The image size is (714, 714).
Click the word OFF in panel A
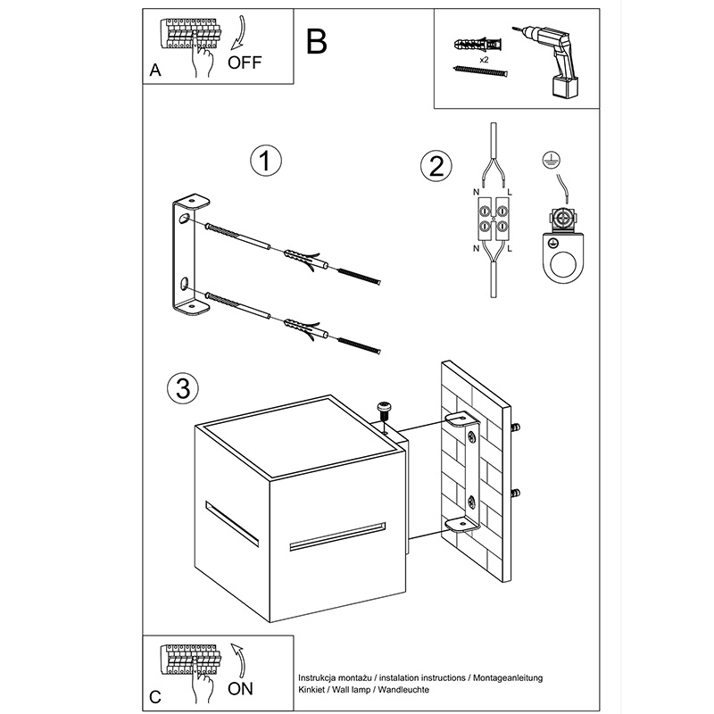coord(245,62)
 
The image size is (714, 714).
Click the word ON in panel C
coord(240,688)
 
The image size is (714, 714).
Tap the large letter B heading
coord(317,41)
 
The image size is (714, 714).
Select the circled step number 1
coord(266,161)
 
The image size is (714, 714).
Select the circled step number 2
coord(436,166)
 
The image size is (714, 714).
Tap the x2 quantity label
coord(484,60)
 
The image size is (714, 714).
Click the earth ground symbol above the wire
coord(552,160)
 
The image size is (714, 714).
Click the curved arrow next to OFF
coord(239,33)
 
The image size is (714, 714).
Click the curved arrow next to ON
coord(238,660)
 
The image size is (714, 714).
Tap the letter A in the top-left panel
coord(155,71)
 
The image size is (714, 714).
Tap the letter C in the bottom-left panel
coord(155,697)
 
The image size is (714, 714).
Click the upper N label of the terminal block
coord(477,193)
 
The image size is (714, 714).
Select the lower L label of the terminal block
coord(510,249)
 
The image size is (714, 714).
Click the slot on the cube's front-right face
coord(337,536)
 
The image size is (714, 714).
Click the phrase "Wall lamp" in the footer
coord(352,690)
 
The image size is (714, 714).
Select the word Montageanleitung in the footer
coord(508,678)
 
